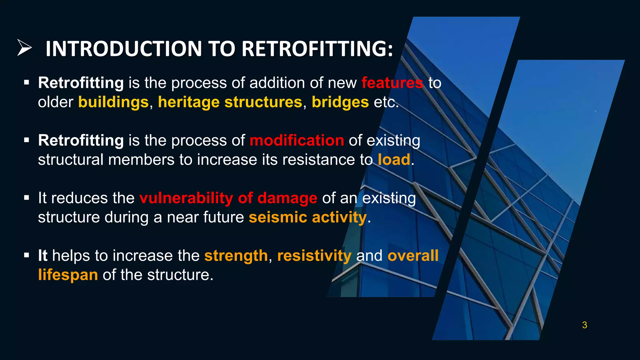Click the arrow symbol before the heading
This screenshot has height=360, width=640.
24,48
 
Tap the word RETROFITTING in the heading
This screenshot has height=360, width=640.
317,49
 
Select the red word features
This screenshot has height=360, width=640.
392,83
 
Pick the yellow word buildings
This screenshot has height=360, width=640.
113,102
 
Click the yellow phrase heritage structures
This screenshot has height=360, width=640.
230,102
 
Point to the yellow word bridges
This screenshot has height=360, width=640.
340,102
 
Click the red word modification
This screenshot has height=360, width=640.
297,140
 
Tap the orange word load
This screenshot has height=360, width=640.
394,160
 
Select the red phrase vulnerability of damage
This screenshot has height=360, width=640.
228,198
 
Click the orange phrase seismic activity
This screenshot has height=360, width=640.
307,217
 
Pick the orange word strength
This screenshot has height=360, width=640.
236,256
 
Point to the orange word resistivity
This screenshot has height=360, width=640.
314,256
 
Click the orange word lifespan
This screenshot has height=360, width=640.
68,275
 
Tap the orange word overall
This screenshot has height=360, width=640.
413,256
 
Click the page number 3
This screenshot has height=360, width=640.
584,325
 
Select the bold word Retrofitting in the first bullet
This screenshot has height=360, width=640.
81,83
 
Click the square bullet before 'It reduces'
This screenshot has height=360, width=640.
27,197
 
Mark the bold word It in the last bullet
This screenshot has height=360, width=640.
42,256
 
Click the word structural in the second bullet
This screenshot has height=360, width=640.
71,160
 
